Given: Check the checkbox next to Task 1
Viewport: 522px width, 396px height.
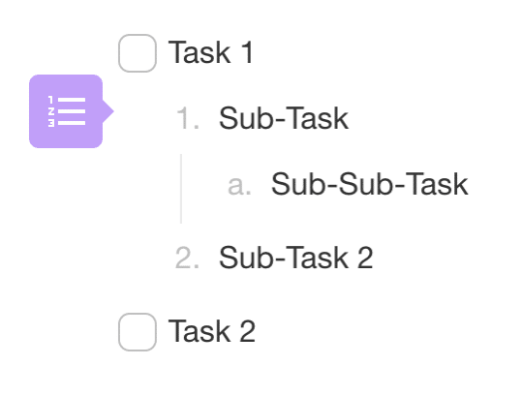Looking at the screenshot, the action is click(x=138, y=53).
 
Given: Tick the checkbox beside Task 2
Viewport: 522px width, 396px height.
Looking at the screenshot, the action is click(x=138, y=332).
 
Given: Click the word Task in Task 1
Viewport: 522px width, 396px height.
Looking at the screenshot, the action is click(x=200, y=52).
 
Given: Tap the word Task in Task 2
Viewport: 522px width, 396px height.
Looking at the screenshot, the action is click(x=200, y=331).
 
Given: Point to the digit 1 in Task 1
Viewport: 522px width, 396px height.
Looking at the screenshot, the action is click(x=247, y=52).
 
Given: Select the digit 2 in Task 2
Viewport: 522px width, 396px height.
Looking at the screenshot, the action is click(x=247, y=331).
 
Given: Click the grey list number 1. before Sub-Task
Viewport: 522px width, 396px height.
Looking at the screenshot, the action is click(x=188, y=118).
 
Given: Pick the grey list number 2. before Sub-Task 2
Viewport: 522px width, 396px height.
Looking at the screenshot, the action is click(x=188, y=258).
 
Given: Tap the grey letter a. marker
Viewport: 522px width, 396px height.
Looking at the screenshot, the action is click(x=239, y=186).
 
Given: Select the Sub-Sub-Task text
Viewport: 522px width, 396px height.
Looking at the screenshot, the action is click(x=370, y=184).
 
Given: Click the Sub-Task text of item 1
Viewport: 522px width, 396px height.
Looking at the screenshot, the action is click(x=284, y=118).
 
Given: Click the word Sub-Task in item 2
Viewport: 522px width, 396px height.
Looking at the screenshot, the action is click(x=284, y=258).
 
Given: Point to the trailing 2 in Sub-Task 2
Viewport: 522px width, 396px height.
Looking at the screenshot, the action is click(x=365, y=258).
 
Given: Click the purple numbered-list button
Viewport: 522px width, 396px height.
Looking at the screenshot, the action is click(x=66, y=111).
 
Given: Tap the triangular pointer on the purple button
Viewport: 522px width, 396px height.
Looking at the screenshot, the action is click(x=108, y=111).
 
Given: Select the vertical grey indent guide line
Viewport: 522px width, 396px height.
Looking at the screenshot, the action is click(x=181, y=189).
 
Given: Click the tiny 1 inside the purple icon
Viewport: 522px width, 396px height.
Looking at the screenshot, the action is click(x=51, y=100).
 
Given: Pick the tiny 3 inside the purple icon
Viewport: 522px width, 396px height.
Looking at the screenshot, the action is click(x=51, y=123).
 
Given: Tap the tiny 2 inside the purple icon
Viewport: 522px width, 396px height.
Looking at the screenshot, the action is click(x=51, y=111).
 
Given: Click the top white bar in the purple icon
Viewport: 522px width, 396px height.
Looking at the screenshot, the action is click(x=72, y=100).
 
